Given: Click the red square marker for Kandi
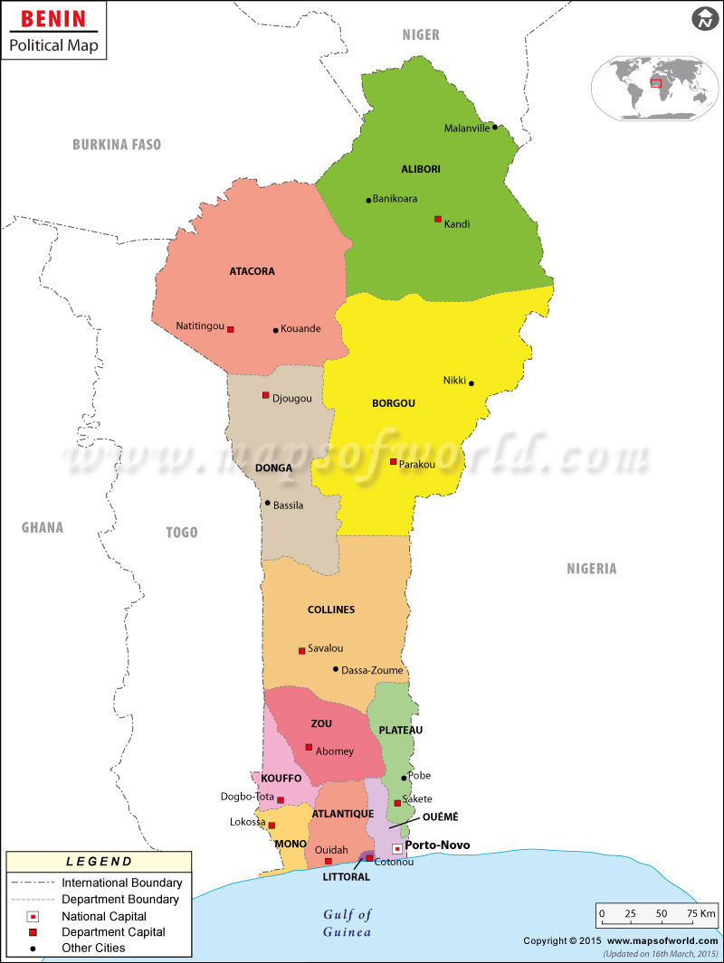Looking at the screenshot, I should tap(438, 219).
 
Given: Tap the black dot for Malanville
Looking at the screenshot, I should tap(495, 127).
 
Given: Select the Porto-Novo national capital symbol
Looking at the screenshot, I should tap(396, 848).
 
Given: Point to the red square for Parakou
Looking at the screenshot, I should tap(393, 462).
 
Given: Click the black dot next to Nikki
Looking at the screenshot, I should tap(472, 383).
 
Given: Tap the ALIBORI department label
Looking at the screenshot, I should tap(421, 169).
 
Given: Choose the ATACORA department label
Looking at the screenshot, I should tap(252, 271).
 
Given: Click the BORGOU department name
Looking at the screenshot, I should tap(394, 403).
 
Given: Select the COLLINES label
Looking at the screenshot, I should tap(331, 609).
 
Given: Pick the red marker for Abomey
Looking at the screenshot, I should tap(309, 747).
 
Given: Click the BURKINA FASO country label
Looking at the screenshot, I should tap(117, 145).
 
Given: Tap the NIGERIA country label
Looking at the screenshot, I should tap(592, 569).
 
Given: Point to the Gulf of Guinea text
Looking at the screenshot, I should tap(348, 923).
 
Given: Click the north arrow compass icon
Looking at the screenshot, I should tap(704, 18).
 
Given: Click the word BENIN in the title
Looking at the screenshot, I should tap(53, 18).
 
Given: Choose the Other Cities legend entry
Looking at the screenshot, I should tap(93, 948).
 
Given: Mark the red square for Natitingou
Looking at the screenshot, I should tap(231, 329).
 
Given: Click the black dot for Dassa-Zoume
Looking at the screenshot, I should tap(336, 669).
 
